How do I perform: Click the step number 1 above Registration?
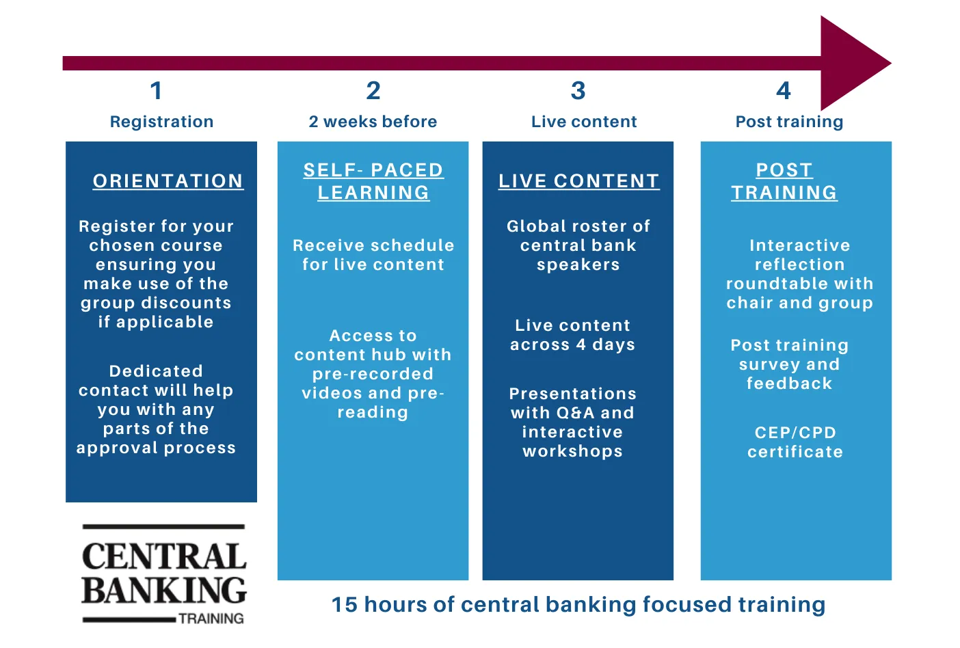point(156,91)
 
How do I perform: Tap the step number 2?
point(373,91)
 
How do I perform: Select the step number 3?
point(578,91)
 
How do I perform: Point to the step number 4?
point(784,91)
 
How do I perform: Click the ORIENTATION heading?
point(168,181)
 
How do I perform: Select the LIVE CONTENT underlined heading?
point(578,181)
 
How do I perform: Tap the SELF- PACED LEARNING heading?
point(373,181)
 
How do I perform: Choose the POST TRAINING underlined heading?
point(784,181)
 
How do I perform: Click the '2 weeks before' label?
point(373,122)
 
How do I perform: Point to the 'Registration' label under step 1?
point(161,122)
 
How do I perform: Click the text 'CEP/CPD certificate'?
point(795,442)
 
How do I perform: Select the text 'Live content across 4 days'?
point(573,335)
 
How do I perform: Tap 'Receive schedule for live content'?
point(373,255)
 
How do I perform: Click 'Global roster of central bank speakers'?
point(578,245)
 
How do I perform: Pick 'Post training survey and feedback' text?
point(790,364)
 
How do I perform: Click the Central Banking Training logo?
point(163,575)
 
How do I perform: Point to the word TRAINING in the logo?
point(211,619)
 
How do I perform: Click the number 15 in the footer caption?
point(344,605)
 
